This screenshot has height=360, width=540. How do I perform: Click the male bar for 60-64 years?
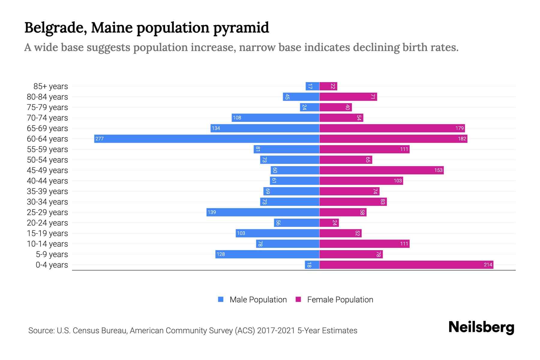(207, 139)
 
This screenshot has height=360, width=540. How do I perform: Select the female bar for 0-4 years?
(406, 265)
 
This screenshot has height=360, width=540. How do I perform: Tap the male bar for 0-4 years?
(312, 265)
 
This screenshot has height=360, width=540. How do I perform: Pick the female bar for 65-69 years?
(392, 128)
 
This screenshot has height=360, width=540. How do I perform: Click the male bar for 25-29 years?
(263, 212)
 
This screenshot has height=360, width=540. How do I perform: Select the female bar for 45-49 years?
(381, 170)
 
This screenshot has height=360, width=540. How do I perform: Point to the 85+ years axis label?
(51, 86)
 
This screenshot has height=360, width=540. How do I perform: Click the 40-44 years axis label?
(47, 181)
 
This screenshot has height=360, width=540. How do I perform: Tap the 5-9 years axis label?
(52, 254)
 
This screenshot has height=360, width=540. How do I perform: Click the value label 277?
(100, 139)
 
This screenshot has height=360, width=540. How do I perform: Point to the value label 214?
(488, 265)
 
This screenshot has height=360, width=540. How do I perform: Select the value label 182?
(462, 139)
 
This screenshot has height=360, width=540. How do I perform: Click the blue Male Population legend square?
(221, 299)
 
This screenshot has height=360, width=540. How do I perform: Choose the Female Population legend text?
(340, 299)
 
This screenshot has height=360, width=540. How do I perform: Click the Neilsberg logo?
(481, 327)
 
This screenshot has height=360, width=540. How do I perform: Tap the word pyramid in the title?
(241, 28)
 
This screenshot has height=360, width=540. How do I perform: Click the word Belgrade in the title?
(56, 28)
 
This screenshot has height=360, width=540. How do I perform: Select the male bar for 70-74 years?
(275, 118)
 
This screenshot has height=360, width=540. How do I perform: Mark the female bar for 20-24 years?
(329, 223)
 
